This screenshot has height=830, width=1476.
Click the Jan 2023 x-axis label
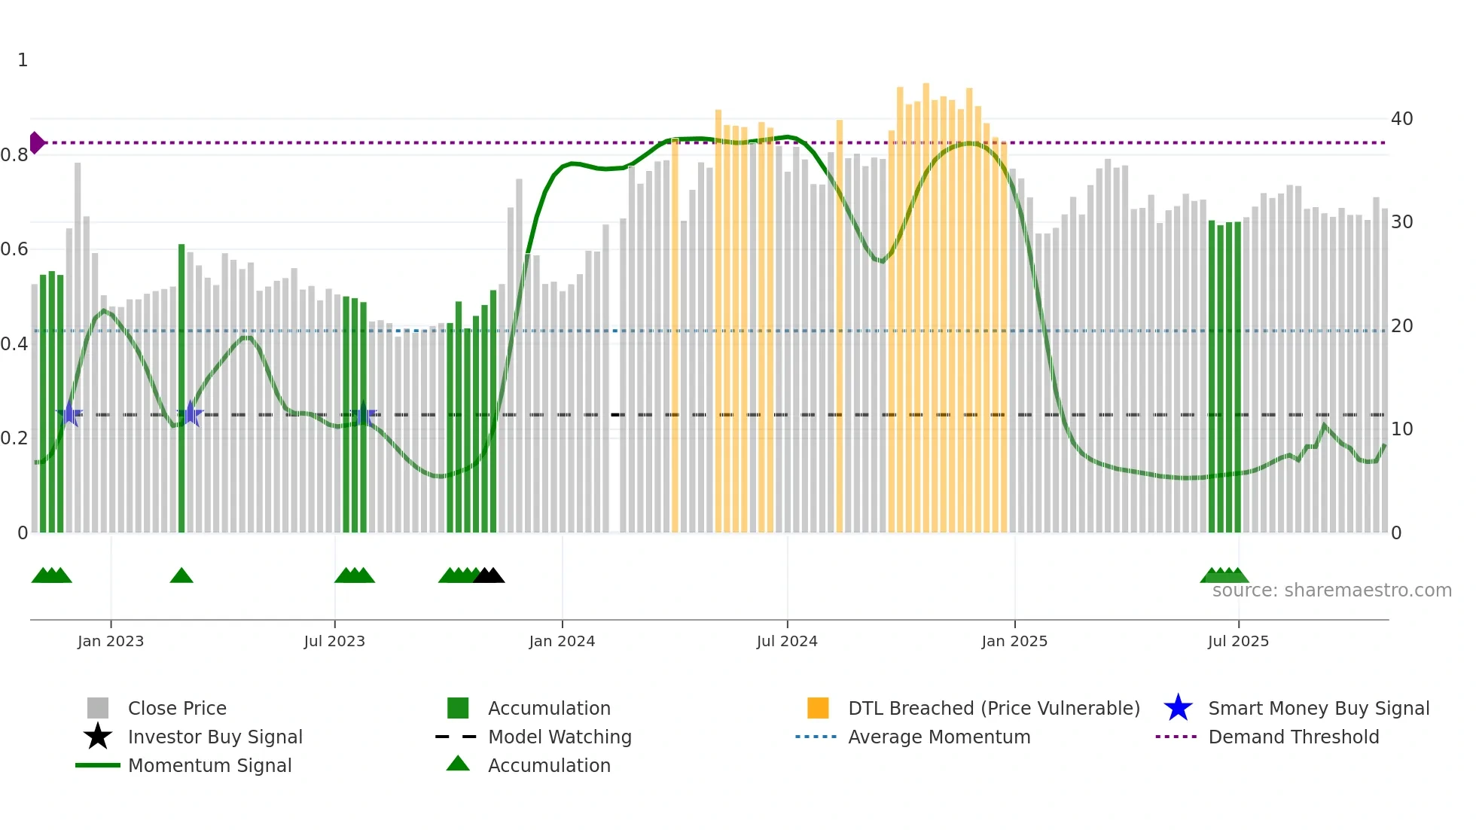tap(110, 641)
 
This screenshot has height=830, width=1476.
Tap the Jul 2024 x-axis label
tap(786, 641)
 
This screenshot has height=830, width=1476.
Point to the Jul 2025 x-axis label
tap(1237, 641)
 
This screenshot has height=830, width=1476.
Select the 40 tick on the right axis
tap(1401, 119)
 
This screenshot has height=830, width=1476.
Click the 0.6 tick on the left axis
tap(14, 249)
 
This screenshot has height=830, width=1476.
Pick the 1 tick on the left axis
tap(23, 60)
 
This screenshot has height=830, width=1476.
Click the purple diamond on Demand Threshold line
tap(36, 142)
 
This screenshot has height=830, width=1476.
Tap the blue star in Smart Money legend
tap(1178, 708)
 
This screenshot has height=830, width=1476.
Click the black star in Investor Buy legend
tap(98, 737)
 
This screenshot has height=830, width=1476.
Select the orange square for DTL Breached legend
tap(818, 708)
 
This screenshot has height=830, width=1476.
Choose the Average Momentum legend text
tap(939, 737)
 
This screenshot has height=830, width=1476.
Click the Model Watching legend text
tap(560, 737)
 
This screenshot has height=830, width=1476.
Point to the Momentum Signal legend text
tap(209, 765)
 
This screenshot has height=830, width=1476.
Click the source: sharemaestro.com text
tap(1331, 590)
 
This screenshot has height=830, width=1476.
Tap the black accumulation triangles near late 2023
tap(489, 576)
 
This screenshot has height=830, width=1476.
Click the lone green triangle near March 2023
tap(181, 576)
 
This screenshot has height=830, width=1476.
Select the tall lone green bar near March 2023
tap(181, 388)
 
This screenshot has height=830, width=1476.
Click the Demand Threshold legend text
tap(1293, 737)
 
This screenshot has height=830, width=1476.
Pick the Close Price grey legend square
tap(98, 708)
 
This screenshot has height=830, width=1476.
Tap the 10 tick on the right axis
tap(1401, 429)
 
